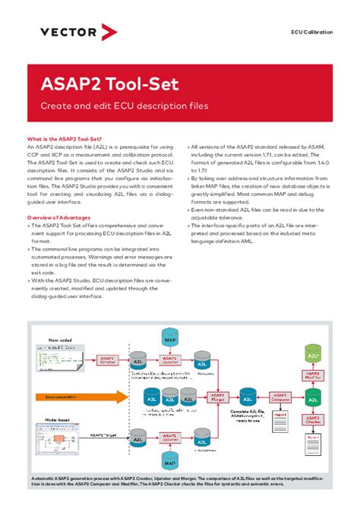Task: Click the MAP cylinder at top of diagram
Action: tap(170, 336)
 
